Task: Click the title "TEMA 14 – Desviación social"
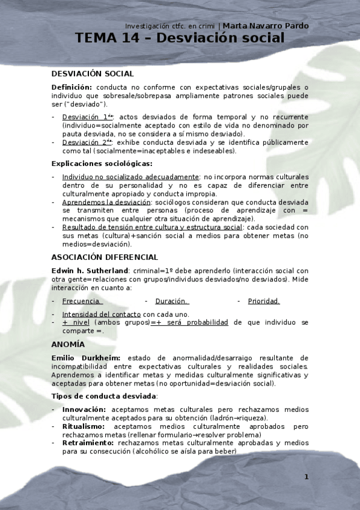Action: pyautogui.click(x=180, y=38)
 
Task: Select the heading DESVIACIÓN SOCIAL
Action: pyautogui.click(x=93, y=74)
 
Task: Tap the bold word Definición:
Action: pyautogui.click(x=72, y=87)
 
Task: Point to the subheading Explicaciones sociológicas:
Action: pyautogui.click(x=102, y=164)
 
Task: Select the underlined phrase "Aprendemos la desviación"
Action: pyautogui.click(x=106, y=203)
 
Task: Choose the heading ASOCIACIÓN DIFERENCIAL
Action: pyautogui.click(x=105, y=257)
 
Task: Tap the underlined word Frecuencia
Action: pyautogui.click(x=82, y=301)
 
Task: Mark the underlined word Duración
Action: pyautogui.click(x=172, y=301)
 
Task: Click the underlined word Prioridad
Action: pyautogui.click(x=264, y=301)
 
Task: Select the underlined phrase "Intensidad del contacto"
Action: pyautogui.click(x=101, y=314)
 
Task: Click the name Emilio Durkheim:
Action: pyautogui.click(x=87, y=358)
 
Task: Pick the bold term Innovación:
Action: pyautogui.click(x=84, y=409)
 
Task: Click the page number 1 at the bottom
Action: pyautogui.click(x=306, y=478)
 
